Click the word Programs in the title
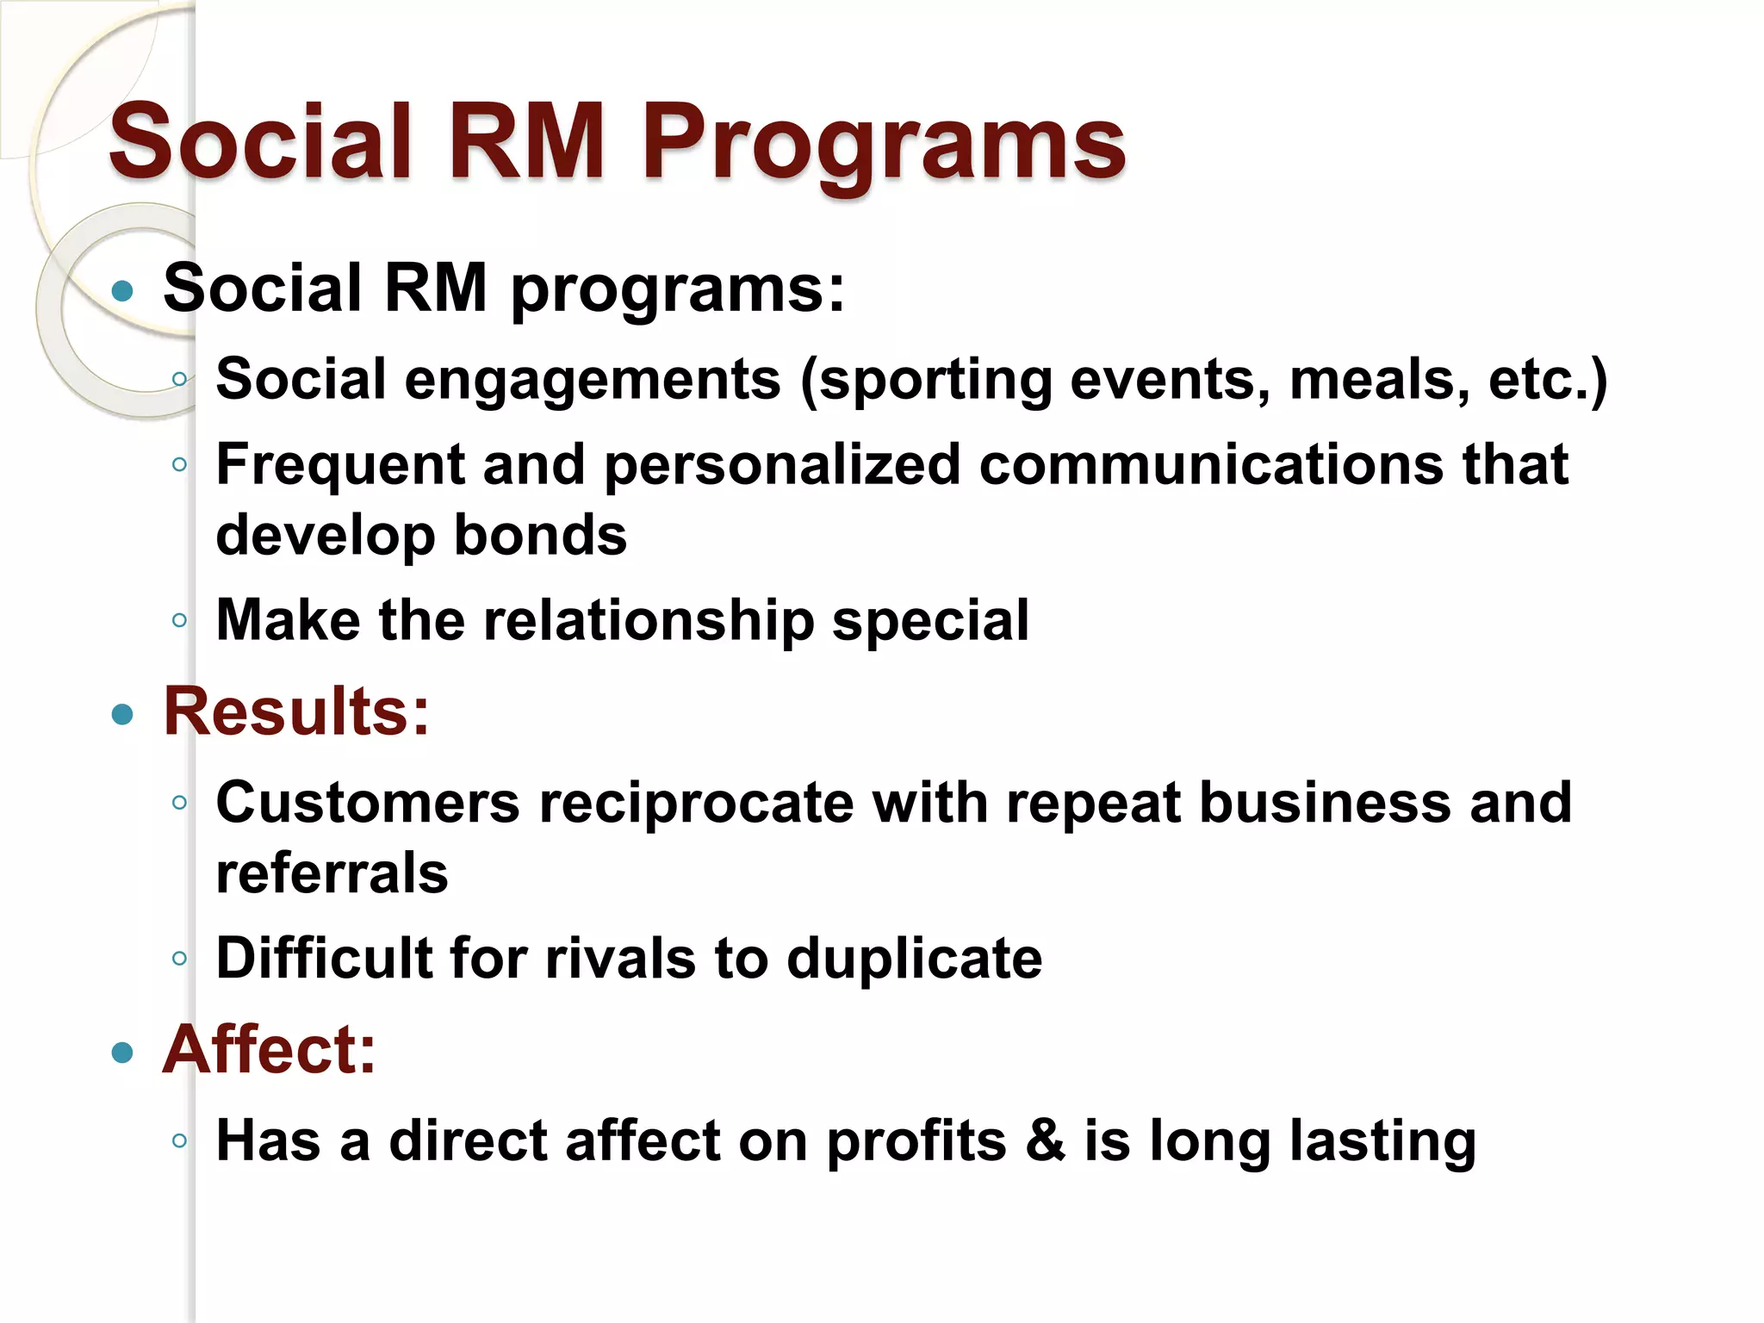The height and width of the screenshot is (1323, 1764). click(x=884, y=143)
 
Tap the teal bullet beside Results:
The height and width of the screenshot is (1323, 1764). click(x=123, y=714)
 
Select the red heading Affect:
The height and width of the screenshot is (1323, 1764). click(x=270, y=1050)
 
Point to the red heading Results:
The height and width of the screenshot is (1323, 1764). click(x=296, y=712)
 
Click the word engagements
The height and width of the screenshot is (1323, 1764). click(x=593, y=380)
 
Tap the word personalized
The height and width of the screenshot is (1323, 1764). click(x=782, y=465)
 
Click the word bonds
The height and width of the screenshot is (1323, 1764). click(x=540, y=536)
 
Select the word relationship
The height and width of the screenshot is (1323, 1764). click(x=649, y=620)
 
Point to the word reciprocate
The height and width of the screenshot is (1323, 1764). click(x=696, y=804)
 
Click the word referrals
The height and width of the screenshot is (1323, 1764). click(x=332, y=873)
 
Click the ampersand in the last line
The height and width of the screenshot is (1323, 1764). click(x=1046, y=1141)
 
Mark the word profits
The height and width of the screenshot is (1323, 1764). click(x=916, y=1143)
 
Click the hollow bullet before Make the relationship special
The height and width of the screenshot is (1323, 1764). click(x=179, y=620)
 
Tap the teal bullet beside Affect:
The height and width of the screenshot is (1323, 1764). click(x=123, y=1052)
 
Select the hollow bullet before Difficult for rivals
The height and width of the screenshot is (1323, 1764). click(x=179, y=959)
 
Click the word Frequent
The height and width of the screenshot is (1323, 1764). click(x=340, y=465)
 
